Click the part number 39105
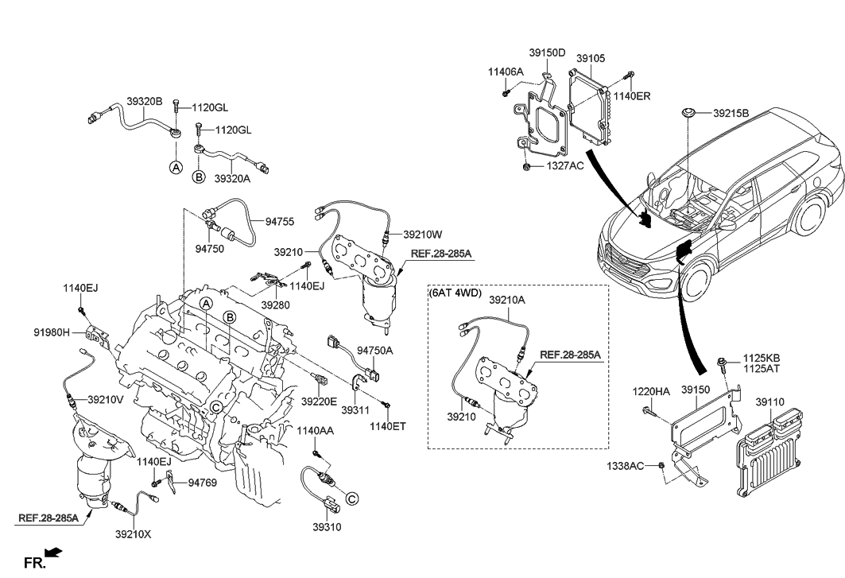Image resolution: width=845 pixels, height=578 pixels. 591,58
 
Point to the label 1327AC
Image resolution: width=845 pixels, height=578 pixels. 565,166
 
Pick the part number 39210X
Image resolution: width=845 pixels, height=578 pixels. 133,534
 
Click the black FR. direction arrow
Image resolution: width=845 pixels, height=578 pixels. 54,552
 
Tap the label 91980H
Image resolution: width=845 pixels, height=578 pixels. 52,332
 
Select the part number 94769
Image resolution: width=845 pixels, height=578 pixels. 202,483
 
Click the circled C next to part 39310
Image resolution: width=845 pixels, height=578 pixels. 351,499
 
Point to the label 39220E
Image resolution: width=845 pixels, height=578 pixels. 319,401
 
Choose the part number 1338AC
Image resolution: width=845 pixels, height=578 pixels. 625,465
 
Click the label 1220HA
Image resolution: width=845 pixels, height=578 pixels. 651,391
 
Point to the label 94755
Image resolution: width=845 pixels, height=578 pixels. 280,222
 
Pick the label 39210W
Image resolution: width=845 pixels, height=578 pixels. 423,234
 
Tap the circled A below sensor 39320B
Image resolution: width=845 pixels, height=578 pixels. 176,168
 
